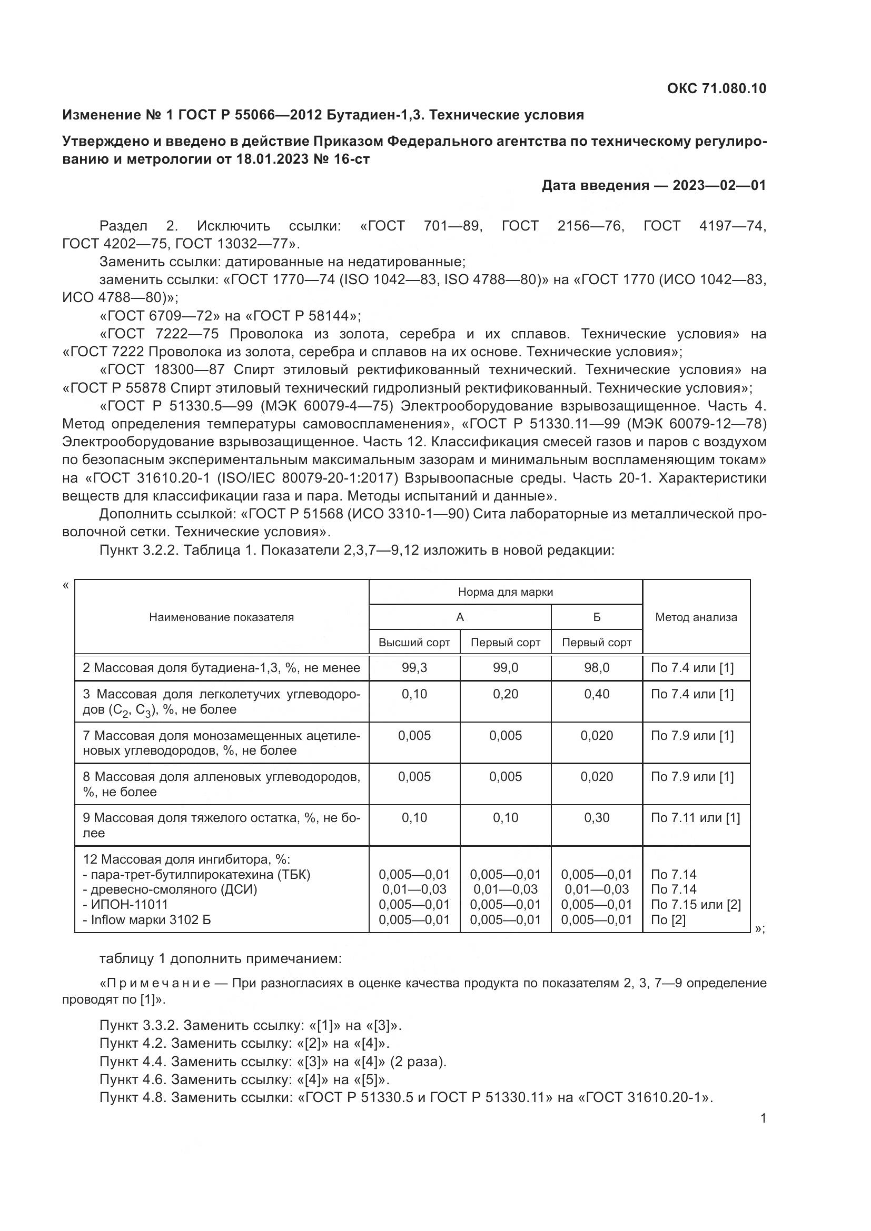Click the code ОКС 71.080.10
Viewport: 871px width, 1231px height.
pyautogui.click(x=717, y=88)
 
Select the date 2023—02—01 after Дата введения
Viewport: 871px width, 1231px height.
pyautogui.click(x=719, y=185)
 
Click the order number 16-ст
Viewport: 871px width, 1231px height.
pyautogui.click(x=352, y=159)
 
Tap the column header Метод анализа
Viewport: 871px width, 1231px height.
pyautogui.click(x=696, y=617)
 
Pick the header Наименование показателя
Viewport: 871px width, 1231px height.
pyautogui.click(x=222, y=617)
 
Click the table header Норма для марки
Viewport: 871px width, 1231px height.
pyautogui.click(x=505, y=592)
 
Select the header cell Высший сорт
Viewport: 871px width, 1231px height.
pyautogui.click(x=414, y=642)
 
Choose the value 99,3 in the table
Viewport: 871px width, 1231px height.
pyautogui.click(x=414, y=668)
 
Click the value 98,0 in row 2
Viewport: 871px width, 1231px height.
pyautogui.click(x=597, y=668)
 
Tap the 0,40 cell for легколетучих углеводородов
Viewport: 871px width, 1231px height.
pyautogui.click(x=597, y=694)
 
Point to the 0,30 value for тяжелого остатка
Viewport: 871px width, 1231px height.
pyautogui.click(x=597, y=818)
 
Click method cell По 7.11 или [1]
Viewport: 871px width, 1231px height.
pyautogui.click(x=695, y=818)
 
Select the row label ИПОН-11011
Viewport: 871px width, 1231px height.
pyautogui.click(x=125, y=905)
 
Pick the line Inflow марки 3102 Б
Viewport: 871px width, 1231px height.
pyautogui.click(x=147, y=920)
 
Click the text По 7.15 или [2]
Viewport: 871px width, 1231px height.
pyautogui.click(x=696, y=905)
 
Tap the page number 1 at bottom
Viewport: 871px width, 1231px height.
pyautogui.click(x=763, y=1118)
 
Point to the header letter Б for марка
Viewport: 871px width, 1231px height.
pyautogui.click(x=597, y=617)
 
